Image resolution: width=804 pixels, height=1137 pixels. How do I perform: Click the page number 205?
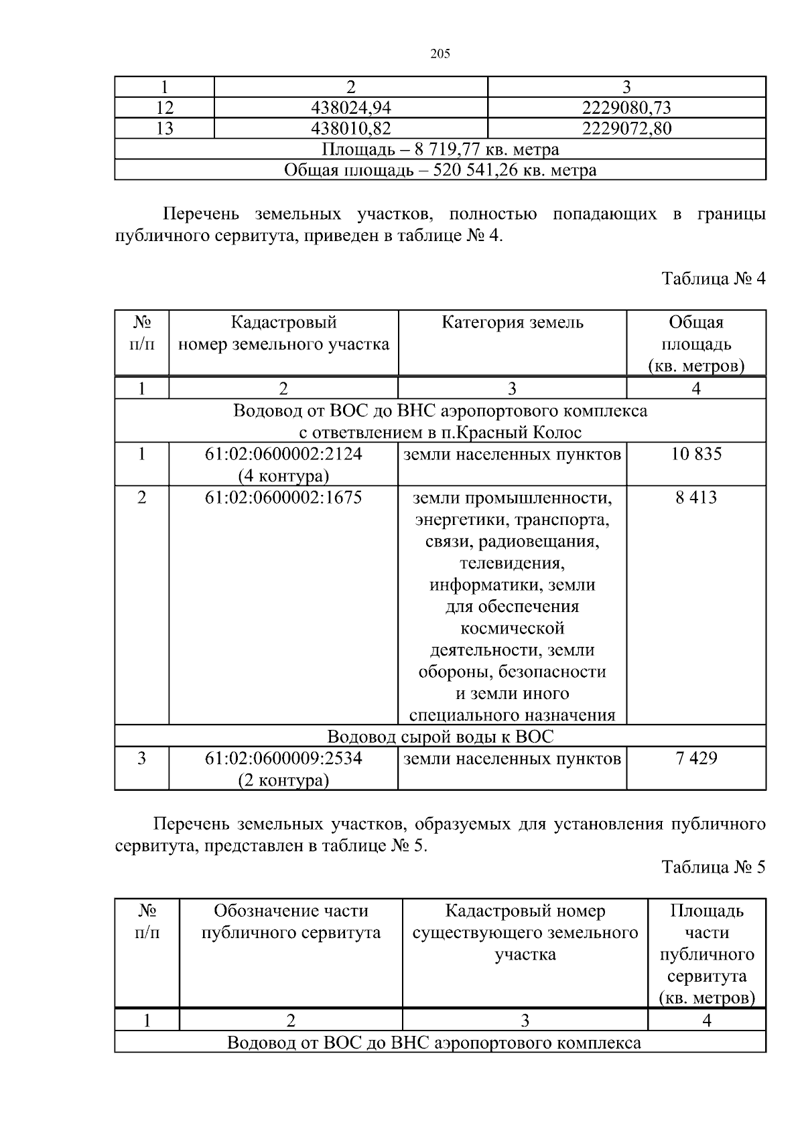(x=440, y=54)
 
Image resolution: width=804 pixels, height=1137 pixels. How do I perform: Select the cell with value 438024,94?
(x=350, y=108)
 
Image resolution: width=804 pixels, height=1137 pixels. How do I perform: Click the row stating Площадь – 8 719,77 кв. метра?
(x=440, y=149)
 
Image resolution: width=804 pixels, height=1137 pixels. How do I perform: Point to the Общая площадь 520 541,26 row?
(x=440, y=170)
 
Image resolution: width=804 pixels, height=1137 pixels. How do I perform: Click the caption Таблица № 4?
(x=713, y=279)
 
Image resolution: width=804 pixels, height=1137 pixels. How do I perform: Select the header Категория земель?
(x=512, y=323)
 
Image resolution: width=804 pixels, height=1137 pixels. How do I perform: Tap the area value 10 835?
(x=695, y=454)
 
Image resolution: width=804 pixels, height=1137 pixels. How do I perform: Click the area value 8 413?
(x=695, y=498)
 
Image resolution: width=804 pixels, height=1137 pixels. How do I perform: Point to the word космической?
(x=512, y=628)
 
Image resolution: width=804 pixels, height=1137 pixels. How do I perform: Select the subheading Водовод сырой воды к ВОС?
(x=440, y=737)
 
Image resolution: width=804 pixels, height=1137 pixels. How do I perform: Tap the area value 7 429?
(x=695, y=758)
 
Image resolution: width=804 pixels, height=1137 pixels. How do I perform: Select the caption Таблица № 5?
(x=713, y=867)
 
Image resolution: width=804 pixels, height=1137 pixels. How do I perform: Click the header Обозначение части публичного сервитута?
(x=290, y=921)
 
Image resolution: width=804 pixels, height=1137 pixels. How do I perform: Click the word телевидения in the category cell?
(x=512, y=562)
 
